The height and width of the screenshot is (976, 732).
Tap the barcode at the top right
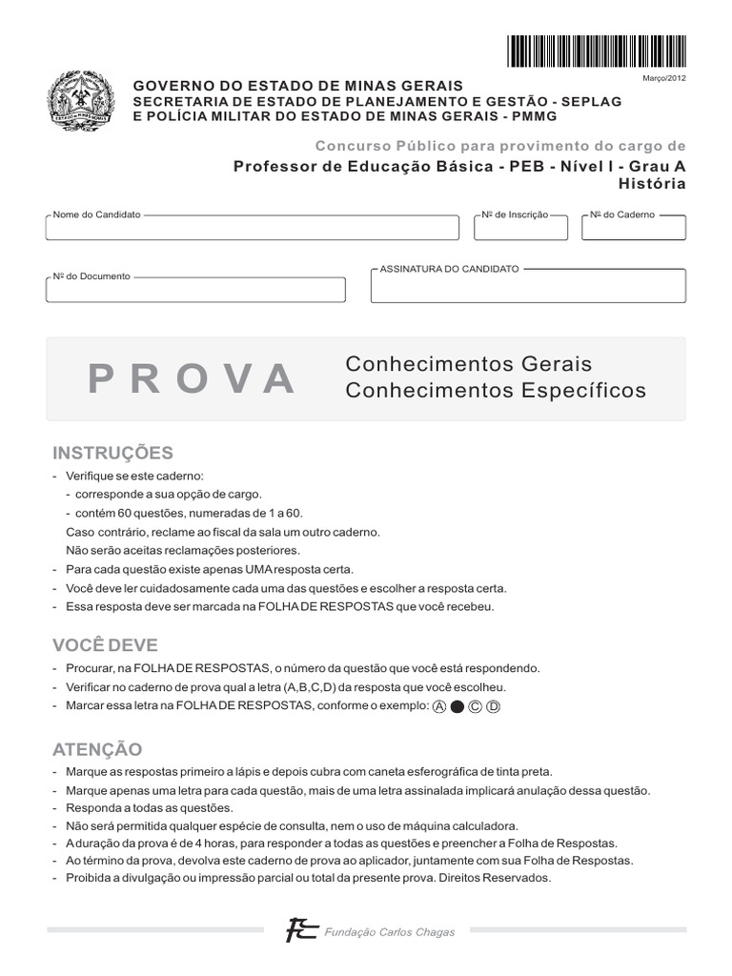tap(596, 51)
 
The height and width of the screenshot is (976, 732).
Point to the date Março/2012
tap(664, 78)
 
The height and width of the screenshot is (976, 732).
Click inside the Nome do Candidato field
tap(252, 229)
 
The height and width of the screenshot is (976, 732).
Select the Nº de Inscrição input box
tap(520, 229)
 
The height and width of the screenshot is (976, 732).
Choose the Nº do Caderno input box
tap(633, 229)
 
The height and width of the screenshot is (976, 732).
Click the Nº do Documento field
tap(195, 290)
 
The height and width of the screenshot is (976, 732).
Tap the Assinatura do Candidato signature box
tap(527, 287)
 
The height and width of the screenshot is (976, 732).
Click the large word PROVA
tap(192, 379)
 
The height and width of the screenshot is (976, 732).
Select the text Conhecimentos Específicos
tap(495, 391)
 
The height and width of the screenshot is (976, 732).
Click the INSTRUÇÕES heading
tap(112, 453)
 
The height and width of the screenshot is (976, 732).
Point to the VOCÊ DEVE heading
tap(105, 645)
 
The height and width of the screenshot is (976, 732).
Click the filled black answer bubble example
tap(457, 706)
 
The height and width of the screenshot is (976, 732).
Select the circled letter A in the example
tap(439, 706)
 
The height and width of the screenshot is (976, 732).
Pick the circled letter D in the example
tap(493, 706)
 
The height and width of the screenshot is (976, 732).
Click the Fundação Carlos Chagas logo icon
tap(302, 930)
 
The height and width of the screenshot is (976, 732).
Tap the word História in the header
tap(652, 184)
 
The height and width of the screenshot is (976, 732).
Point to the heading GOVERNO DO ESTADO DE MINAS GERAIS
tap(297, 86)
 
